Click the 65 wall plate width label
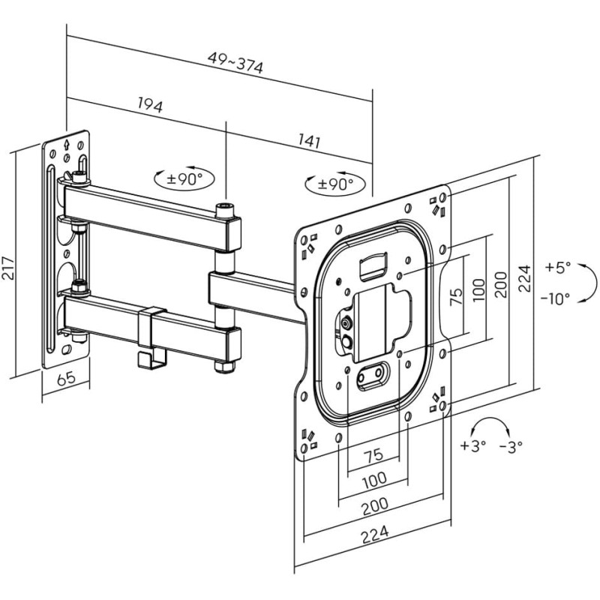coord(66,379)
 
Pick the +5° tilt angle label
coord(557,266)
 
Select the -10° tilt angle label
coord(555,298)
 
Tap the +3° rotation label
coord(473,445)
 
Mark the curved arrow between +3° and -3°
coord(491,425)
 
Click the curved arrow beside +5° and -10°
coord(590,283)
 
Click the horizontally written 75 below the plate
coord(373,454)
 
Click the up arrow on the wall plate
coord(67,144)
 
